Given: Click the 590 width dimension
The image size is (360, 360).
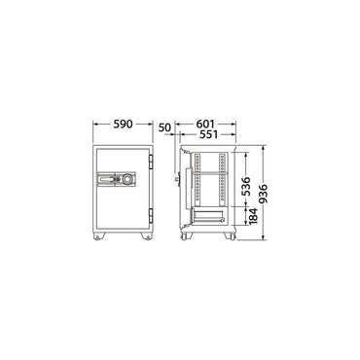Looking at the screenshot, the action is [x=123, y=124].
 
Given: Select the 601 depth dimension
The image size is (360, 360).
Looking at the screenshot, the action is [x=205, y=124].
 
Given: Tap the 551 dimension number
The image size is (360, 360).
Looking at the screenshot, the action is [x=208, y=134].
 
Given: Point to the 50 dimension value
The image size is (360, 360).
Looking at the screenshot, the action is [x=164, y=127].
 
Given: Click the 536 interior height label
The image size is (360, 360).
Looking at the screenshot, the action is [x=246, y=186].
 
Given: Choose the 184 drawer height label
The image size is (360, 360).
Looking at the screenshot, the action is [x=253, y=216].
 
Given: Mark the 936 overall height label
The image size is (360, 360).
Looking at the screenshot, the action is [x=263, y=194].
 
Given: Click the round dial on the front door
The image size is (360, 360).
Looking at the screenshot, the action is [x=127, y=179].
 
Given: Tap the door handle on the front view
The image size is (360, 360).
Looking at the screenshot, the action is [x=107, y=179].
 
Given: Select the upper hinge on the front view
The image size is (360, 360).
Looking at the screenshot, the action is [x=151, y=162].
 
